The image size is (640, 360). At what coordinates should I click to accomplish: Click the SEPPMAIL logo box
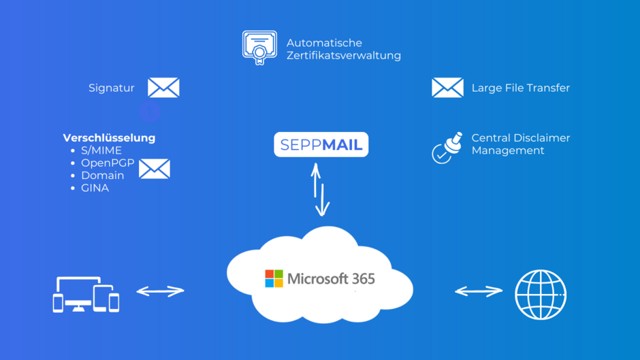coord(321,144)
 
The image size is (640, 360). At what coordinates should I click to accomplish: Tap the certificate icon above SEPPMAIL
coord(259,48)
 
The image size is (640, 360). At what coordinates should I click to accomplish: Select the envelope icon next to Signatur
coord(163,88)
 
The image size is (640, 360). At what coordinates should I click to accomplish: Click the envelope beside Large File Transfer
coord(447,88)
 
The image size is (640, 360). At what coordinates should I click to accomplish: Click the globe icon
coord(541,295)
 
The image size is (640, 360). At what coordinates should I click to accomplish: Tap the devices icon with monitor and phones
coord(86,294)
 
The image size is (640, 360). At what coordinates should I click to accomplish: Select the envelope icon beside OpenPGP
coord(155,169)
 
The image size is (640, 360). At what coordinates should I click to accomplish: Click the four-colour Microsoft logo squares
coord(274,278)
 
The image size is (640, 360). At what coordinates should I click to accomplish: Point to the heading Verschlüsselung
coord(109,137)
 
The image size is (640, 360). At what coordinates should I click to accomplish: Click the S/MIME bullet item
coord(101,150)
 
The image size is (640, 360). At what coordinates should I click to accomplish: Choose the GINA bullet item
coord(95,188)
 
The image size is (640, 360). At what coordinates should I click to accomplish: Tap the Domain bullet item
coord(102,176)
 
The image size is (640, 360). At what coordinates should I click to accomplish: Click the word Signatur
coord(112,88)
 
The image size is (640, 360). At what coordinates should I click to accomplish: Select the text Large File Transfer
coord(520,88)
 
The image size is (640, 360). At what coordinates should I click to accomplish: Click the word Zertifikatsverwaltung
coord(343,55)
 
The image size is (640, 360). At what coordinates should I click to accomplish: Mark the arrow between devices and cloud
coord(160,291)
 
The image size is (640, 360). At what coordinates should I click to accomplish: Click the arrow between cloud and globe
coord(479,291)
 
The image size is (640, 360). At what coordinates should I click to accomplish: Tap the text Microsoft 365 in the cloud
coord(331,278)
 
